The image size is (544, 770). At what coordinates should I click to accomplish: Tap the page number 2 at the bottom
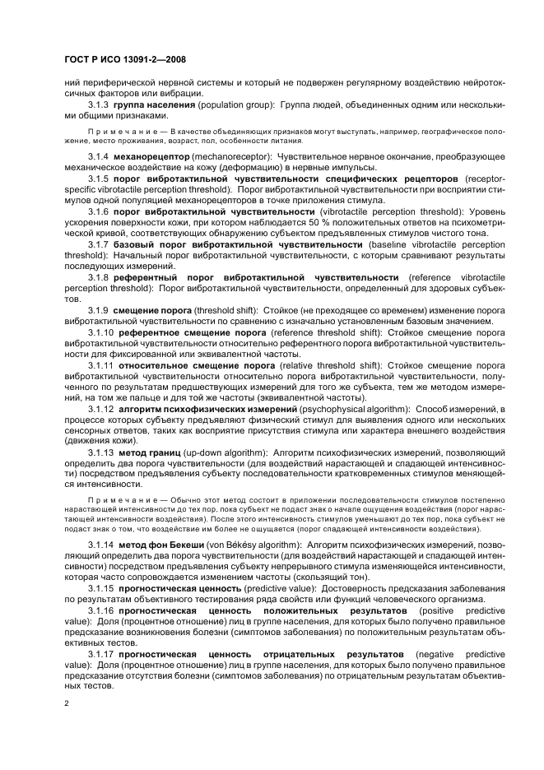point(67,704)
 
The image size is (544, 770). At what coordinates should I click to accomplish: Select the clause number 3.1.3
point(99,106)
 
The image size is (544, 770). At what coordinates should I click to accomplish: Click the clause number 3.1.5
point(99,179)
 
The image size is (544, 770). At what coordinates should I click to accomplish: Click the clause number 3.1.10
point(101,355)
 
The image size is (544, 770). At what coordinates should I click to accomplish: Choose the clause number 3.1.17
point(101,655)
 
